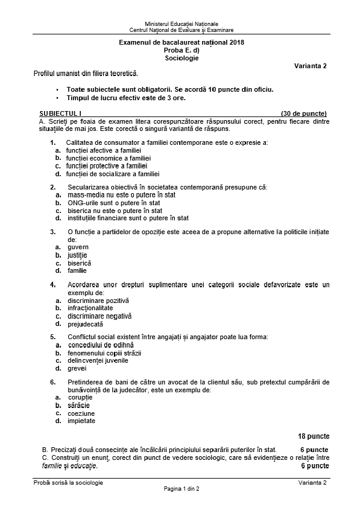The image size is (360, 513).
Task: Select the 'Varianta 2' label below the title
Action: (311, 66)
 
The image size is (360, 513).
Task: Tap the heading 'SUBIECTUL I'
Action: (60, 113)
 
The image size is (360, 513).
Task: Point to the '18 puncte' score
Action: (314, 435)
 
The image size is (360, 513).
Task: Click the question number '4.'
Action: (53, 284)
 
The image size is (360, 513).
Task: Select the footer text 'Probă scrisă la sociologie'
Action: (69, 482)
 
